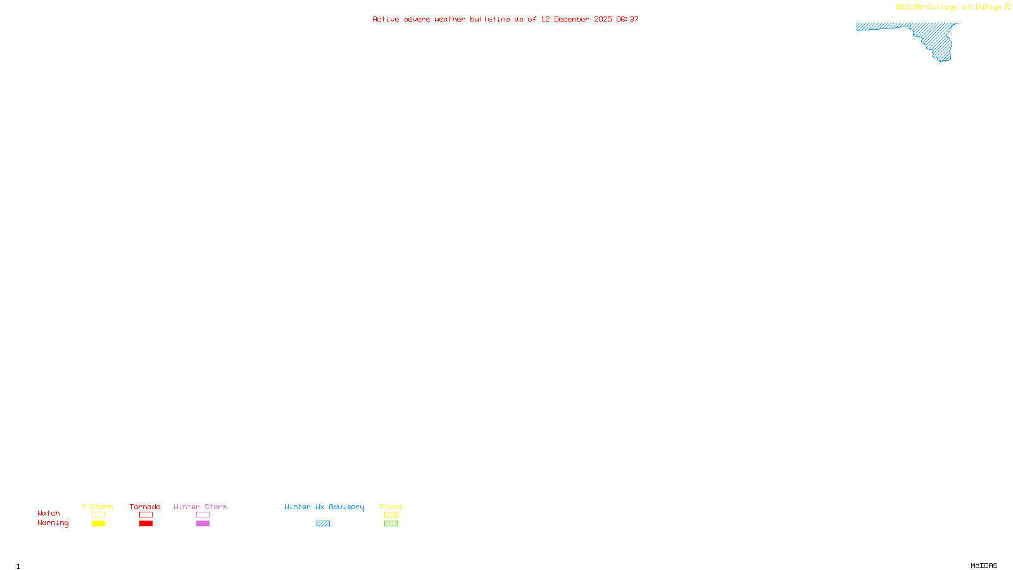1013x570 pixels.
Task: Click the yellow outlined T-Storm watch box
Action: pos(98,515)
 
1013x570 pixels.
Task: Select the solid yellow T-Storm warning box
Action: pos(98,524)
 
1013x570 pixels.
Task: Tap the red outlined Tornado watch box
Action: pos(146,515)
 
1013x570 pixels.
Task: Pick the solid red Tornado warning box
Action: pos(146,524)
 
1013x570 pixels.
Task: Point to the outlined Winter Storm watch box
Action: pos(203,515)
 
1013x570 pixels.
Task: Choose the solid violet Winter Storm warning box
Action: pos(203,524)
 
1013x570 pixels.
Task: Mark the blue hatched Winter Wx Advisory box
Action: pos(323,524)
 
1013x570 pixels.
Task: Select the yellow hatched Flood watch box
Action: pos(391,515)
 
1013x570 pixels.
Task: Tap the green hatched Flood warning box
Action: pos(391,524)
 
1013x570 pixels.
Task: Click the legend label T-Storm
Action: pos(98,507)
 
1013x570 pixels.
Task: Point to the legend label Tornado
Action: pos(145,507)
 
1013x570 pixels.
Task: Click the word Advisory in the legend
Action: pos(346,507)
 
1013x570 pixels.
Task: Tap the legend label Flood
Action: pos(391,507)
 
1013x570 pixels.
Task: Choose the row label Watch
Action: pos(49,513)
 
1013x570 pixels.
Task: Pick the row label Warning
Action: pos(53,523)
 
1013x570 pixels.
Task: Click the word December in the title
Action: pos(572,19)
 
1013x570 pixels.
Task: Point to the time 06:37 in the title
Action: pos(627,19)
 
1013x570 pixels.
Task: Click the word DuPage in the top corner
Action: pos(989,7)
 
